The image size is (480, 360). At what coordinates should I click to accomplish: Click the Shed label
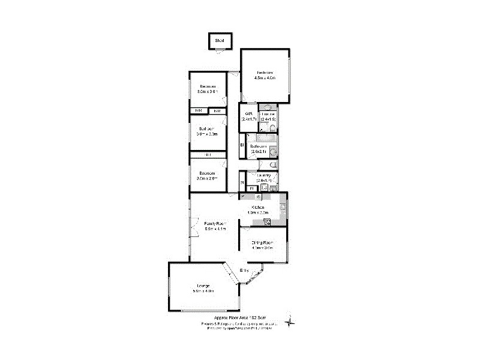point(220,41)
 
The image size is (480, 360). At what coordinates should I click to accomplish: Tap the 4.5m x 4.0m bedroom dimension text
point(264,78)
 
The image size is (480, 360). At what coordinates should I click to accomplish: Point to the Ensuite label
point(268,113)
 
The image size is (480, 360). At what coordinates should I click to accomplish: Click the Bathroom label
point(259,146)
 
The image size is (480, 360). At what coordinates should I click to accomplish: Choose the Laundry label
point(264,176)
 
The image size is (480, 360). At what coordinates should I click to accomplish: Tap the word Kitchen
point(258,207)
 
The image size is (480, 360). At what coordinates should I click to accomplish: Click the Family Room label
point(214,223)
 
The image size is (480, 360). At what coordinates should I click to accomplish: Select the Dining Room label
point(262,242)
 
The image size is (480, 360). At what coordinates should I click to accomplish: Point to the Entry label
point(244,271)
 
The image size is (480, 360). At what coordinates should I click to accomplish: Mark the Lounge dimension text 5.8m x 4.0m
point(203,291)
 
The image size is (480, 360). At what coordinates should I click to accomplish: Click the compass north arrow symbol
point(290,322)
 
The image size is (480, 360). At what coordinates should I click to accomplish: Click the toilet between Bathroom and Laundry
point(274,164)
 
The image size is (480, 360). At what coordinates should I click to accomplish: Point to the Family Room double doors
point(193,229)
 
